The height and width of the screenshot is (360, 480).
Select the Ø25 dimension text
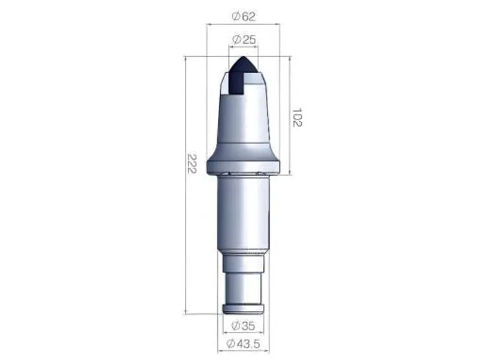[244, 40]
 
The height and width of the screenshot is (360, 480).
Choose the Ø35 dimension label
[243, 326]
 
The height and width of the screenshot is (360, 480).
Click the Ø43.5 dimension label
[244, 343]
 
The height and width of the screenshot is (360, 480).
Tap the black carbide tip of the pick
[243, 72]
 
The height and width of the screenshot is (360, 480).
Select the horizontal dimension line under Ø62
[244, 25]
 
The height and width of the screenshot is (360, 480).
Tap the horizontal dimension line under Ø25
[244, 47]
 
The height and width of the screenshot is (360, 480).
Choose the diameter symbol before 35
[235, 326]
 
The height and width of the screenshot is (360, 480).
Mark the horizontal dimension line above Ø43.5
[244, 335]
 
